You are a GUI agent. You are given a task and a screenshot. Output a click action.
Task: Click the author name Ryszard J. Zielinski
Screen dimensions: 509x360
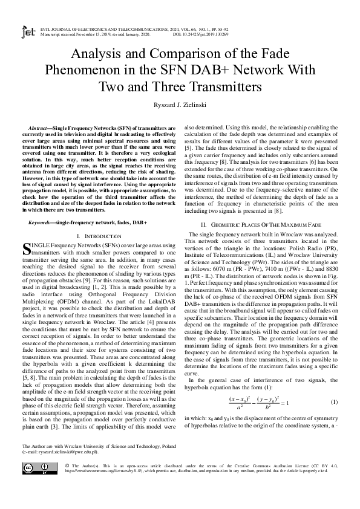[180, 105]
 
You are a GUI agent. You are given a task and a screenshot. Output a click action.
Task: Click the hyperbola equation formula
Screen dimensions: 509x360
[258, 385]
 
